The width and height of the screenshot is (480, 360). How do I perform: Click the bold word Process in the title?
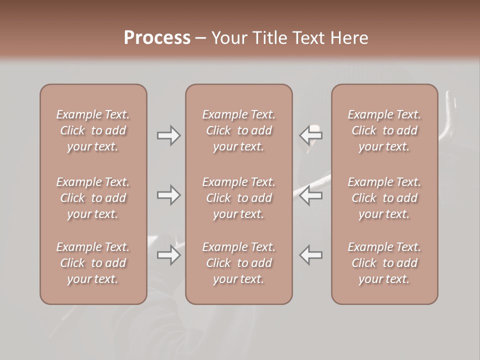[157, 38]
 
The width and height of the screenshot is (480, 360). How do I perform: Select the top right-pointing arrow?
[168, 135]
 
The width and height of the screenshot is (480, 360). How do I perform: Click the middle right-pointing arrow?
[168, 195]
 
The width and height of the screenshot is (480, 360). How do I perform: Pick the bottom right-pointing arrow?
[168, 255]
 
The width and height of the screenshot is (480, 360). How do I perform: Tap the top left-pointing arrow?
[310, 134]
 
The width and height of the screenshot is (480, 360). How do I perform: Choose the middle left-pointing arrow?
[310, 195]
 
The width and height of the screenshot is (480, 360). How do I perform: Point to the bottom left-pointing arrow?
[310, 255]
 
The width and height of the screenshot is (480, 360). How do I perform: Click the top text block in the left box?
[93, 130]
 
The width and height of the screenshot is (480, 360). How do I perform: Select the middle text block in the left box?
[93, 198]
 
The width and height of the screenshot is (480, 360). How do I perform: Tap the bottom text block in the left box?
[93, 263]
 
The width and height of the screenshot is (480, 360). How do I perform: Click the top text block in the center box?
[239, 130]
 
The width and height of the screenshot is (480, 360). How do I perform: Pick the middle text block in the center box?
[239, 198]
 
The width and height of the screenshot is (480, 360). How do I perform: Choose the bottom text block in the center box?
[239, 263]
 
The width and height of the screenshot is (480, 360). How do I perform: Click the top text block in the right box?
[384, 130]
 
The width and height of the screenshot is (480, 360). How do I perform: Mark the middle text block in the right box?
[384, 198]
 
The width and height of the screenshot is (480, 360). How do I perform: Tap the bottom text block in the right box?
[384, 263]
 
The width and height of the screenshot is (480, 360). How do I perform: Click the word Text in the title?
[309, 38]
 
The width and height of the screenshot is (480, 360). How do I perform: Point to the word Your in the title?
[228, 38]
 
